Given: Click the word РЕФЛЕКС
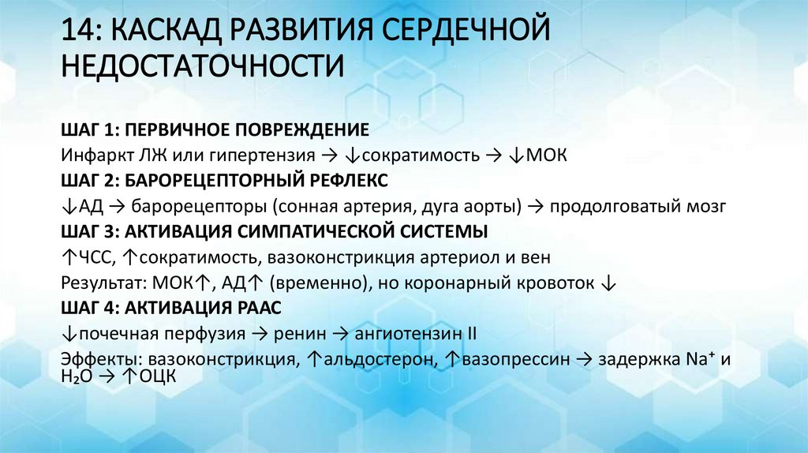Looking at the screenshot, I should pyautogui.click(x=345, y=180).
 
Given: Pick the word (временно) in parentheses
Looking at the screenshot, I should pyautogui.click(x=310, y=283).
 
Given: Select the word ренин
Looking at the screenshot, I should pyautogui.click(x=303, y=334).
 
